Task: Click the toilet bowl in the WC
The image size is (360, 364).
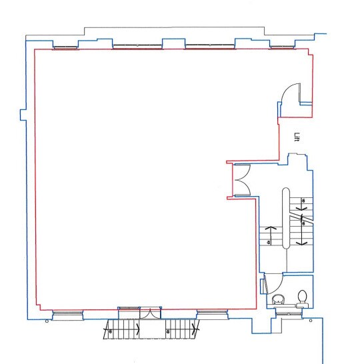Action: tap(303, 296)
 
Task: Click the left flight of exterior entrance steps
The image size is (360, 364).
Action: tap(121, 328)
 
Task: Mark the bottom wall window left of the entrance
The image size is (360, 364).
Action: tap(67, 312)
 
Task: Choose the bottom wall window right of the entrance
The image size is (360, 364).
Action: tap(213, 312)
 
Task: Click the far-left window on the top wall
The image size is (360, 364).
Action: tap(65, 47)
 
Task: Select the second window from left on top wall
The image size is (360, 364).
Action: tap(137, 47)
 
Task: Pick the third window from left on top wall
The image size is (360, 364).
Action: tap(210, 47)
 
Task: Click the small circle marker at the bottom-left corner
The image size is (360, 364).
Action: tap(46, 321)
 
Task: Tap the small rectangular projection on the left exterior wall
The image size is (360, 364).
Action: tap(22, 114)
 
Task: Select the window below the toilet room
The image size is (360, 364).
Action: tap(288, 313)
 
